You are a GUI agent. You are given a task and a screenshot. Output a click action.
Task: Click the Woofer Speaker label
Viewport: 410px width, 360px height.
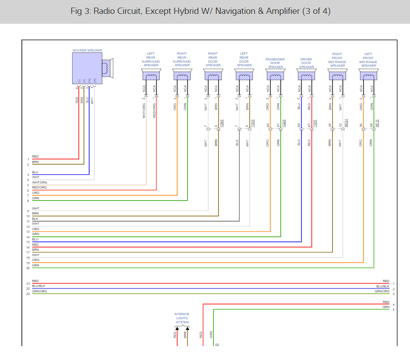[x=87, y=51]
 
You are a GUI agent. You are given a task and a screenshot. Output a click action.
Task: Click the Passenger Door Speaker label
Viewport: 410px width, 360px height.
[x=275, y=63]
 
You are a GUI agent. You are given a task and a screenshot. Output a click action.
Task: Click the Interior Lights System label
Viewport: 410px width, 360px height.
[x=182, y=318]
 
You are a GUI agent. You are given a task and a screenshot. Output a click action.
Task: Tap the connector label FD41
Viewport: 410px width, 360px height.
[x=222, y=123]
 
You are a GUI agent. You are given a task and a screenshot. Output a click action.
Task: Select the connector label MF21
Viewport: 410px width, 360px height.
[x=346, y=123]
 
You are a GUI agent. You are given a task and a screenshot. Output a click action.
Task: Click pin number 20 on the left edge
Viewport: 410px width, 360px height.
[x=28, y=268]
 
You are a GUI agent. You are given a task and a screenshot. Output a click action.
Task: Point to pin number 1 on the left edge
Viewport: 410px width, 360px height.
[x=28, y=159]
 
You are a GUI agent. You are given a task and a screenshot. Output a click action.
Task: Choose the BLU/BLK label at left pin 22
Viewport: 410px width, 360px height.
[x=38, y=286]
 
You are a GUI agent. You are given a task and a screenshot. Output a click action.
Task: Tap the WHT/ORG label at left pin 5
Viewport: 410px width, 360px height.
[x=39, y=183]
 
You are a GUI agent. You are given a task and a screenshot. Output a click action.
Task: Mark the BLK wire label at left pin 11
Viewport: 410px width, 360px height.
[x=35, y=219]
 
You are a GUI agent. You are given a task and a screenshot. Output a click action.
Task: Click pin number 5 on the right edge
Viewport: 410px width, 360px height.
[x=393, y=309]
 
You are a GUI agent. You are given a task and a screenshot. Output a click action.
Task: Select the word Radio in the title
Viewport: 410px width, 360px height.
[x=105, y=11]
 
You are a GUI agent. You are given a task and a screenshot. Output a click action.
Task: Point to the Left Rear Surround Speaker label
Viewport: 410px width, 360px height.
[x=151, y=59]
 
